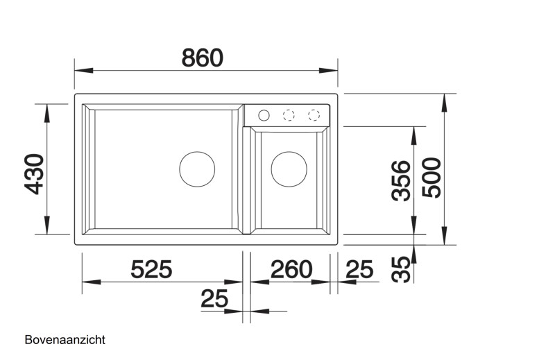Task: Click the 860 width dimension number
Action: point(203,58)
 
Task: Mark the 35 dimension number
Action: point(400,269)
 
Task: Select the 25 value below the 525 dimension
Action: point(214,299)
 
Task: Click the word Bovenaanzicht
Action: point(65,340)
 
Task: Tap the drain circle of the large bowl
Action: point(198,169)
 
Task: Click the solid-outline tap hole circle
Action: point(264,114)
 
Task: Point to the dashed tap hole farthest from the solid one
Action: point(314,114)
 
